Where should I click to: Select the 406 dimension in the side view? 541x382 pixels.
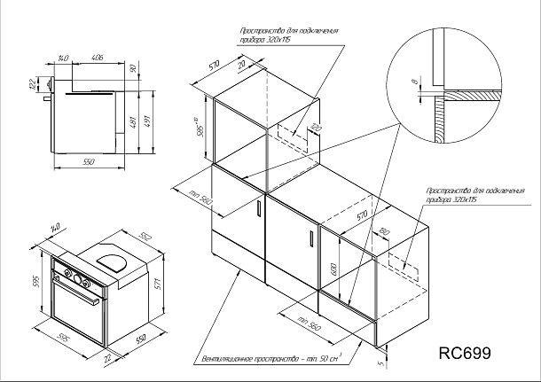click(97, 58)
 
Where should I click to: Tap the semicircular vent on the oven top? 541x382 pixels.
click(113, 261)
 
